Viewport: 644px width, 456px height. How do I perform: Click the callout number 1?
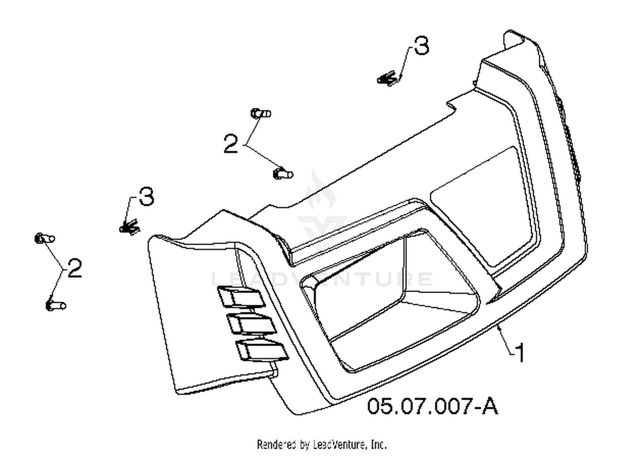[520, 353]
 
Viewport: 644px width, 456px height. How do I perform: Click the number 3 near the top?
[422, 46]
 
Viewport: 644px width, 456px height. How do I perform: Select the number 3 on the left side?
[146, 196]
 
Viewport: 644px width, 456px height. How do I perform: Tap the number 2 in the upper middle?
[231, 144]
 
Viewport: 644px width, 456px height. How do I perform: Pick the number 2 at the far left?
[75, 268]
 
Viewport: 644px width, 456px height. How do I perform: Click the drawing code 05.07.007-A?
[432, 406]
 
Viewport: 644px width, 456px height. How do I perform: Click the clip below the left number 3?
[130, 227]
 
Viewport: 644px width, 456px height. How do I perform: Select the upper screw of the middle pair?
[261, 113]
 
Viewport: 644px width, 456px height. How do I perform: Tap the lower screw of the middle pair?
[283, 174]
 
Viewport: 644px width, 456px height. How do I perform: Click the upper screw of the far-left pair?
[45, 239]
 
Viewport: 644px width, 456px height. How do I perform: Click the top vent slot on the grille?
[241, 297]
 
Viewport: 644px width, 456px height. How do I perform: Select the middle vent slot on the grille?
[252, 324]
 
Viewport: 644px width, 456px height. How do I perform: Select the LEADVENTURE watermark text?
[322, 278]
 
